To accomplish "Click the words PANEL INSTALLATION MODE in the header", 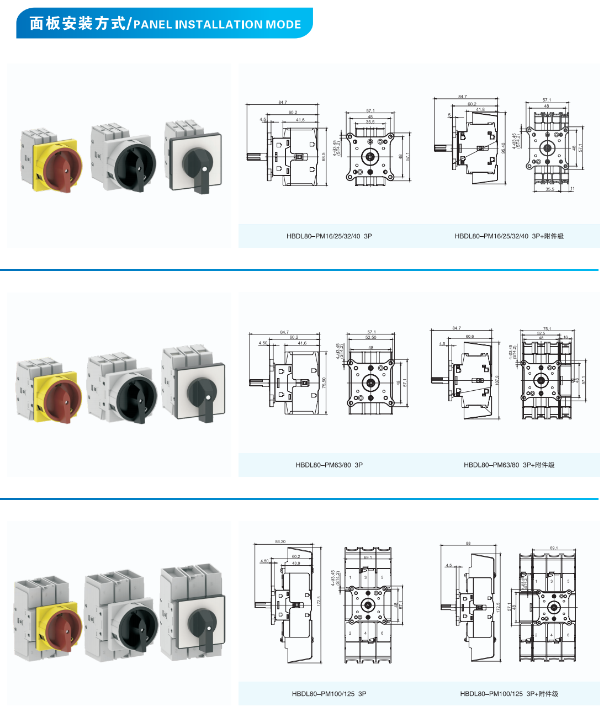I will tap(217, 24).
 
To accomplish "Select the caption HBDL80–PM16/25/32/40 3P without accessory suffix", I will tap(329, 236).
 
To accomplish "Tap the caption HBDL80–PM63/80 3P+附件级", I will tap(509, 465).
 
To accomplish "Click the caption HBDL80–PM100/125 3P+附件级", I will tap(509, 694).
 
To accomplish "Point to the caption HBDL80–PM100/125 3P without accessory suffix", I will tap(329, 694).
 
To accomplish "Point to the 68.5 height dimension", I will tap(324, 157).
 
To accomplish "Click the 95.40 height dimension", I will tap(504, 148).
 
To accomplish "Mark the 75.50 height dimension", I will tap(325, 382).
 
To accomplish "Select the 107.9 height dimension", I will tap(497, 380).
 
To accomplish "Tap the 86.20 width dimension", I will tap(280, 541).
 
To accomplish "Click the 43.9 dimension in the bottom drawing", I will tap(296, 563).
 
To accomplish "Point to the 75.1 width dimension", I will tap(547, 328).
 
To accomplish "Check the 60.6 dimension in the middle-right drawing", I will tap(470, 336).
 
